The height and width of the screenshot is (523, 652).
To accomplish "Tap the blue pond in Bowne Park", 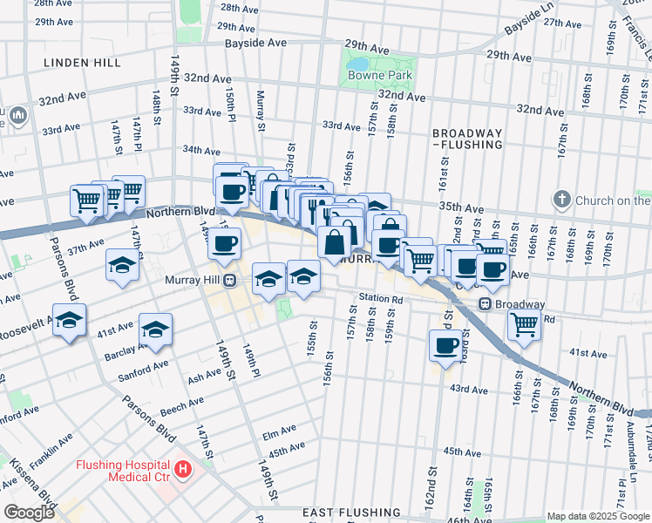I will click(357, 64).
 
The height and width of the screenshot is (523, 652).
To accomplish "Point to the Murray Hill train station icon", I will click(230, 280).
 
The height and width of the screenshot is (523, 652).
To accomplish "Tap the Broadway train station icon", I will click(485, 304).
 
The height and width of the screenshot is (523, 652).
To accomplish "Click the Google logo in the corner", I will click(30, 513).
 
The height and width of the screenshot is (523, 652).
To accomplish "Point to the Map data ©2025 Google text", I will click(596, 516).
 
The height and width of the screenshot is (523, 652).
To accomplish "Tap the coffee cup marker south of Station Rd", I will click(445, 345).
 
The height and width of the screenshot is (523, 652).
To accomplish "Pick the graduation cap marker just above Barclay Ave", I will click(156, 329).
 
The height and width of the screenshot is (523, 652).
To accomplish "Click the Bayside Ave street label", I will click(255, 42).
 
